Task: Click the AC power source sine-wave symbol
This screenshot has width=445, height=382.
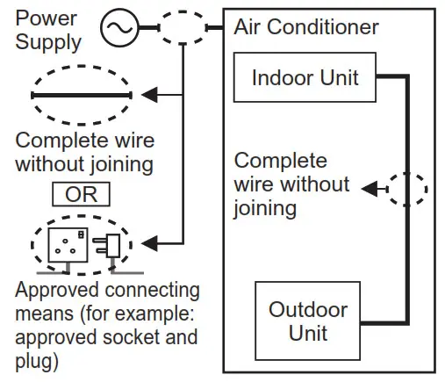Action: [118, 28]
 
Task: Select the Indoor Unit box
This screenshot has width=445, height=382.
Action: [305, 77]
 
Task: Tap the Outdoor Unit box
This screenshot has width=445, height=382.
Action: [306, 321]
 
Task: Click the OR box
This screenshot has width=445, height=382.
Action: [81, 194]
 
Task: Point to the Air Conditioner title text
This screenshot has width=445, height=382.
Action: [306, 26]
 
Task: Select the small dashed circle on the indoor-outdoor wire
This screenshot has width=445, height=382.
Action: [408, 188]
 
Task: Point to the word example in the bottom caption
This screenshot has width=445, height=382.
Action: [159, 314]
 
